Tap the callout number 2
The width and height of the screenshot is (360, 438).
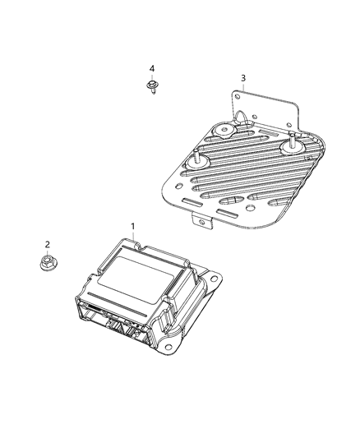(47, 244)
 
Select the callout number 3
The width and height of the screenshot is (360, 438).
(242, 78)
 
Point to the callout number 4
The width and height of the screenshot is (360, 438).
(151, 68)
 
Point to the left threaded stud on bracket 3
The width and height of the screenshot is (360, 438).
(197, 159)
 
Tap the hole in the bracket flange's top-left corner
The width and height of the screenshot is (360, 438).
(236, 97)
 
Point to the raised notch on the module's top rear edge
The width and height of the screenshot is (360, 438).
(133, 241)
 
